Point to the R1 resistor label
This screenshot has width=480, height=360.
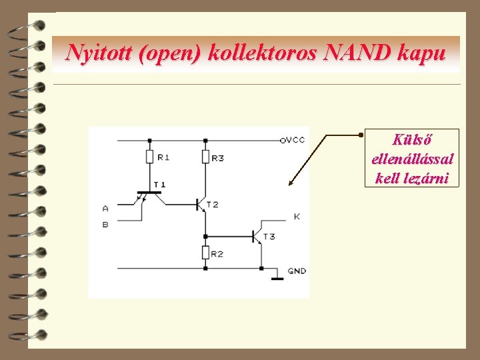163,157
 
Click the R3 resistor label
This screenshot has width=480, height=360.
217,157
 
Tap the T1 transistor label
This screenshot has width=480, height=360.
159,184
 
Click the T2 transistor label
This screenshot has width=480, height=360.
212,205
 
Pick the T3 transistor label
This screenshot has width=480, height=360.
269,236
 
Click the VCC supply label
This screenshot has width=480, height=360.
293,140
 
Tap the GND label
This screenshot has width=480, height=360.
297,271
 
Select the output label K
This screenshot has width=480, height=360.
297,217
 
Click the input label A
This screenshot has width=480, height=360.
105,208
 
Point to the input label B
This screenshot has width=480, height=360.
105,225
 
